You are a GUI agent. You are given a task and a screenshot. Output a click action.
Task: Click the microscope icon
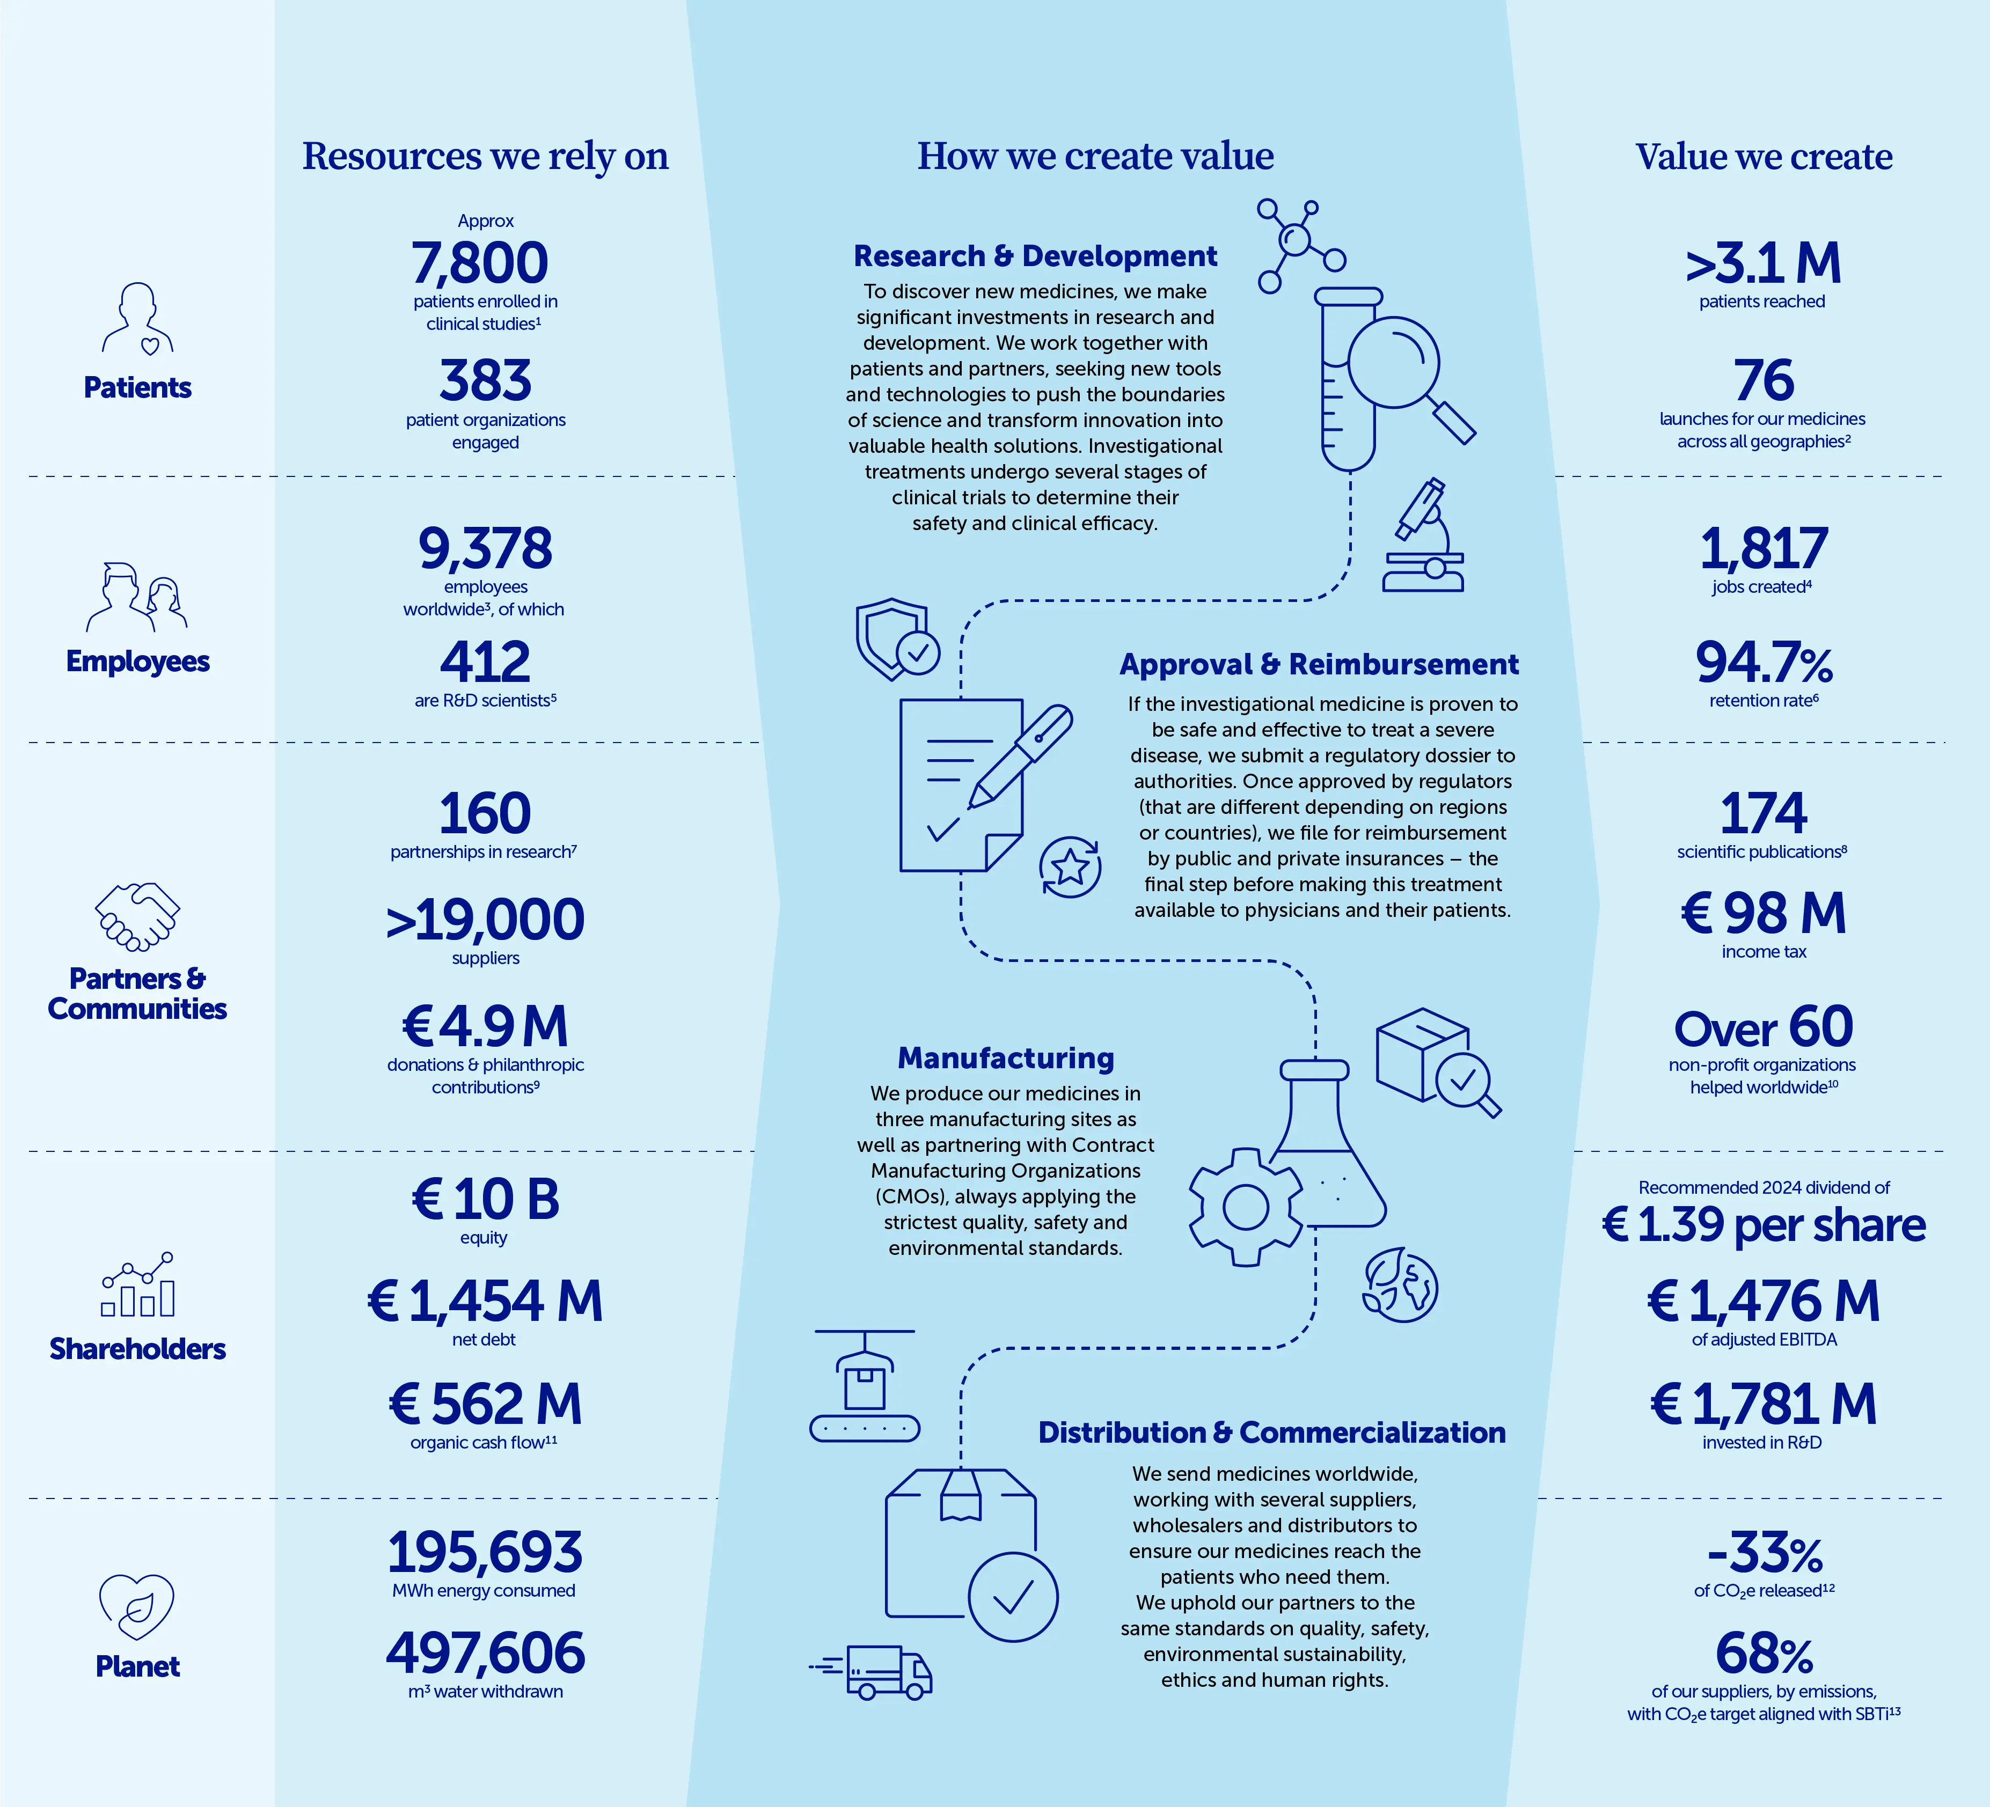tap(1422, 537)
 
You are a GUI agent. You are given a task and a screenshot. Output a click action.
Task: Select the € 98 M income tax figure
tap(1763, 913)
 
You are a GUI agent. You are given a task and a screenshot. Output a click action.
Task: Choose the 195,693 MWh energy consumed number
tap(485, 1552)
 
